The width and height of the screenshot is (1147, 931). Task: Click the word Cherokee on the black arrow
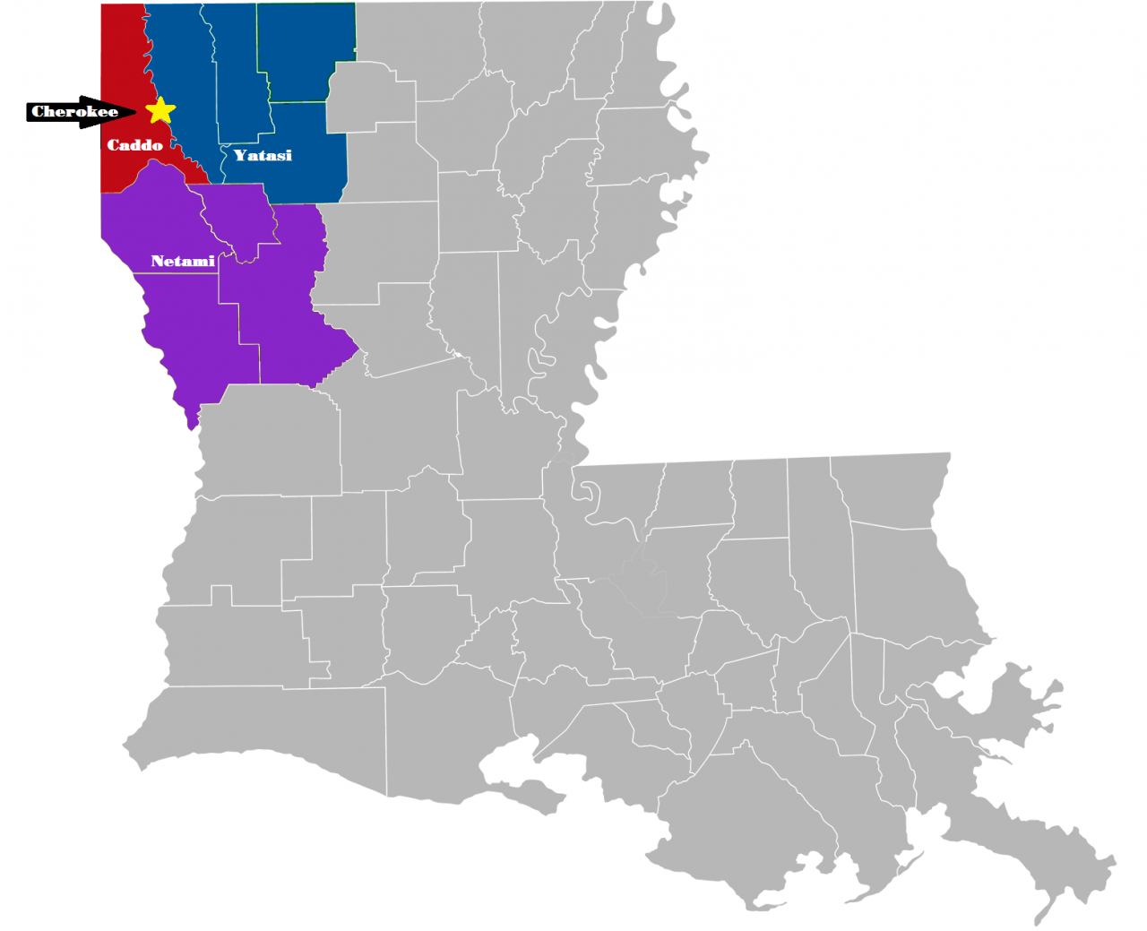tap(74, 112)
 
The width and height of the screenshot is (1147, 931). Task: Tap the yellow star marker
tap(160, 110)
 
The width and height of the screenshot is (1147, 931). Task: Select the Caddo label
tap(134, 145)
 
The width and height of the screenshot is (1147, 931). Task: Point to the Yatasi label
tap(263, 155)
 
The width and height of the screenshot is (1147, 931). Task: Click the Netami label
tap(183, 261)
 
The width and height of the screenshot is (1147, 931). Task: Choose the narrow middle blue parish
tap(237, 81)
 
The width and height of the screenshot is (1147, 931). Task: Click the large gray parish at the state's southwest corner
tap(269, 735)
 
